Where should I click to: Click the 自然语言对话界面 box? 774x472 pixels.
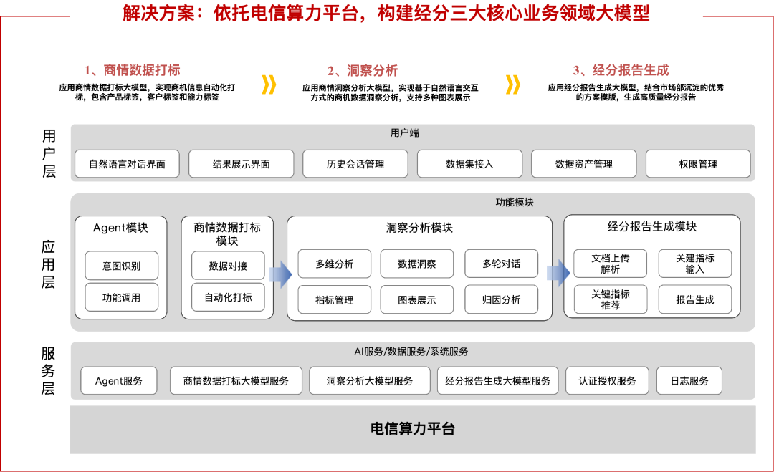pos(127,164)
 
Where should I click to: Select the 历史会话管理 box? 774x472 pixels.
pos(355,164)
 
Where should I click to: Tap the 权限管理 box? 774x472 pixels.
pos(698,164)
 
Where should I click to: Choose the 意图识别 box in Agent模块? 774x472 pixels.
pos(121,266)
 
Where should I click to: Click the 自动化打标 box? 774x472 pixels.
pos(228,297)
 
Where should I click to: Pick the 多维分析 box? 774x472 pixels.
pos(335,264)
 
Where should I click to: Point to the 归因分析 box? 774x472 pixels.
pos(502,299)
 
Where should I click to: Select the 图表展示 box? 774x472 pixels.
pos(417,299)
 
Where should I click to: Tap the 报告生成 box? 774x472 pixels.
pos(695,299)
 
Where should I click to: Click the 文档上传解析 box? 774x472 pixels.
pos(611,264)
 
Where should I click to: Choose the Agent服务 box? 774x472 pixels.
pos(119,381)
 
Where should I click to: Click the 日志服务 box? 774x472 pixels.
pos(689,381)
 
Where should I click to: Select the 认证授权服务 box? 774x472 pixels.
pos(607,381)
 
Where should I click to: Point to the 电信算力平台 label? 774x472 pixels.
pos(413,429)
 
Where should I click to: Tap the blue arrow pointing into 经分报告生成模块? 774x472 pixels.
pos(558,273)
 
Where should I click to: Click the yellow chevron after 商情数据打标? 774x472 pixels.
pos(269,85)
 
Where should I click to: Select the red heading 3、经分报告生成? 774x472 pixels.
pos(621,70)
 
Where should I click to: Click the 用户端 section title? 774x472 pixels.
pos(405,133)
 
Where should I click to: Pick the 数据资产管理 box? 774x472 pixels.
pos(584,164)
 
